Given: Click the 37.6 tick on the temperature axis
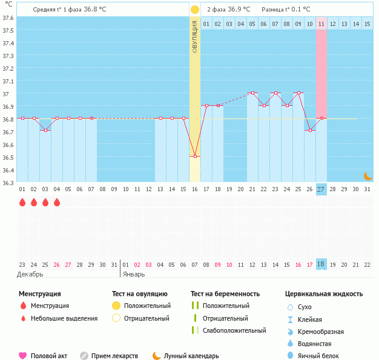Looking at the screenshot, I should pos(8,18).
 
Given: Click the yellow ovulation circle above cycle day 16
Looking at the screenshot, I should pos(195,10).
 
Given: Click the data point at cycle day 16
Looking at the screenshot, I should pos(195,157).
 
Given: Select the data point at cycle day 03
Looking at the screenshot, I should pos(45,131).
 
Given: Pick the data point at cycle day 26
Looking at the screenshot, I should pos(310,131).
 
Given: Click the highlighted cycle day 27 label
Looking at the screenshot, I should pos(321,189).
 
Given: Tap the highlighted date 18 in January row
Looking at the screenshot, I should pos(321,264).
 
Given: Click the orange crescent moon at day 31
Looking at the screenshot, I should pos(367,176).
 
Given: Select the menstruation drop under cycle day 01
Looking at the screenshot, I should pos(22,203).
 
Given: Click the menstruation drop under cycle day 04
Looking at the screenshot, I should pos(57,203).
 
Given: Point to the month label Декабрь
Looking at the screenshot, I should pos(31,274).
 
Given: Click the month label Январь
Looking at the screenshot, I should pos(134,274).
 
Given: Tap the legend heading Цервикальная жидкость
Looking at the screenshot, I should pos(324,294).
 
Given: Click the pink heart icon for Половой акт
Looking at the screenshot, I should pos(23,356).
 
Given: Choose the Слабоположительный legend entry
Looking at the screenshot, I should pos(234,330).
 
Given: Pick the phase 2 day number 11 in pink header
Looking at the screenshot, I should pos(321,24).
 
